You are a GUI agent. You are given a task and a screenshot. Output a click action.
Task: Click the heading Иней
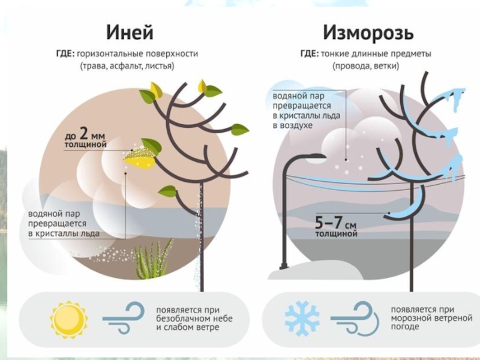point(130,32)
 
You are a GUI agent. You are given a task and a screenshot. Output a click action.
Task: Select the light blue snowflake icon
point(302,318)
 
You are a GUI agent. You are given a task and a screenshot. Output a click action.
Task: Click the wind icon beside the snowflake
point(356,318)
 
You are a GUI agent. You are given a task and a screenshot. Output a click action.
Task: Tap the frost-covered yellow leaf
point(142,158)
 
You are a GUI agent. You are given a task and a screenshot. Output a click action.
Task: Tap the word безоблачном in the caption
point(181,319)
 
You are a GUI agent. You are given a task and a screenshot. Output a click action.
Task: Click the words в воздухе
point(292,125)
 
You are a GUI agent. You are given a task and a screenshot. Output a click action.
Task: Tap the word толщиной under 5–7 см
point(336,234)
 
